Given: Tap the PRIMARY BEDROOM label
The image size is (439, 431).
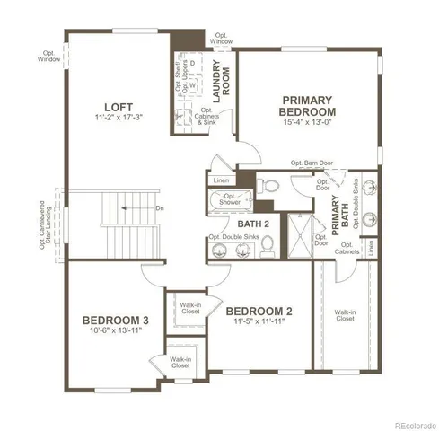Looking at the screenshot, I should [308, 106].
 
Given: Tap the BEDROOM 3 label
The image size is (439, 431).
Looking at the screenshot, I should [114, 320].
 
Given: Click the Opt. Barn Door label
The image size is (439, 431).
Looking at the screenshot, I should [310, 163].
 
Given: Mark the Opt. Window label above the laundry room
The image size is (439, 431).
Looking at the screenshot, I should [222, 39].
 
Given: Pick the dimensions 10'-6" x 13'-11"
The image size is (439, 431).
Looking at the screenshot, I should [114, 331].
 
